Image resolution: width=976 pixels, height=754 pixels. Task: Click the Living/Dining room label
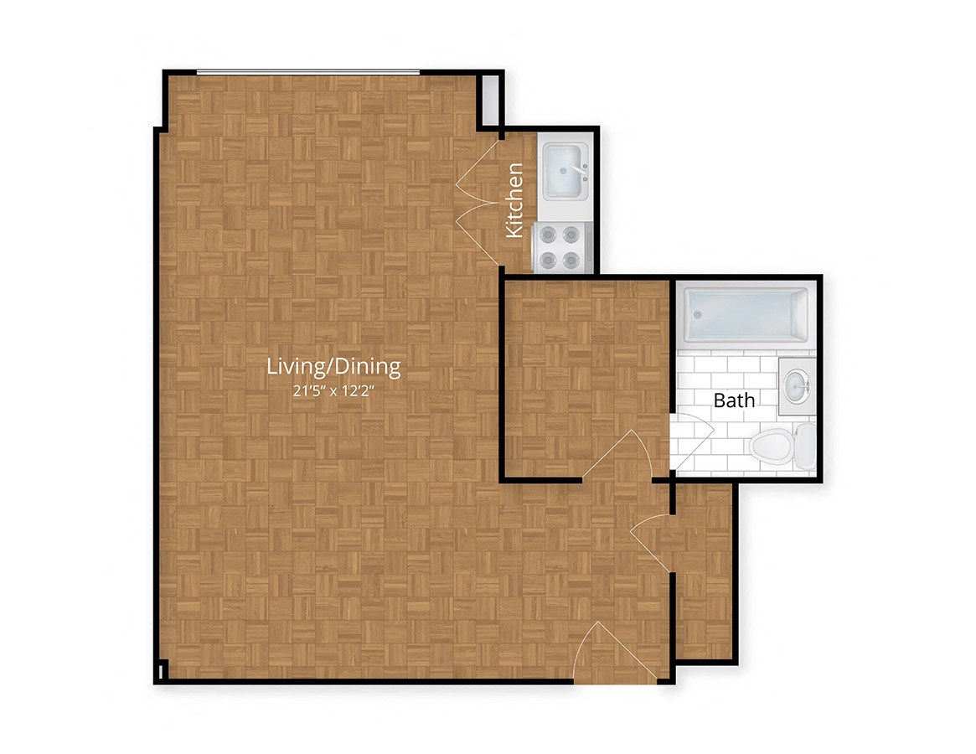click(x=333, y=366)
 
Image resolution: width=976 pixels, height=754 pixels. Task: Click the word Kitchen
click(x=514, y=200)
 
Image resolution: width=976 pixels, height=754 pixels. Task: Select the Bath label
click(x=734, y=400)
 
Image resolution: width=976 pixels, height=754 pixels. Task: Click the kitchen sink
click(x=565, y=170)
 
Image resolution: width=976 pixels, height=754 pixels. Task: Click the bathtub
click(x=745, y=315)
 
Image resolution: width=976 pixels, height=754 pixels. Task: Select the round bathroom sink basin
click(x=797, y=386)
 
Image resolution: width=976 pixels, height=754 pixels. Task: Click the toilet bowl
click(x=772, y=446)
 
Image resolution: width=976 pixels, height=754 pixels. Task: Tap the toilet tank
click(x=805, y=446)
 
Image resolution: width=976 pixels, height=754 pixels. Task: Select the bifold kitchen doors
click(x=478, y=200)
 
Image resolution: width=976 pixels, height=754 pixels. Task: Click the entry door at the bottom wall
click(x=615, y=651)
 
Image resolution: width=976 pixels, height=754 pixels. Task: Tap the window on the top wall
click(x=308, y=73)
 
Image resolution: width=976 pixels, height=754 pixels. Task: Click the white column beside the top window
click(x=490, y=101)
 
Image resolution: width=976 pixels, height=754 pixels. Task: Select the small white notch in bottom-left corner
click(x=160, y=672)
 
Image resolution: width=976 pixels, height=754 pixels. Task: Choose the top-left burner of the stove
click(x=548, y=235)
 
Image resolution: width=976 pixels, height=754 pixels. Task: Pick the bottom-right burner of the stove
click(x=571, y=260)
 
